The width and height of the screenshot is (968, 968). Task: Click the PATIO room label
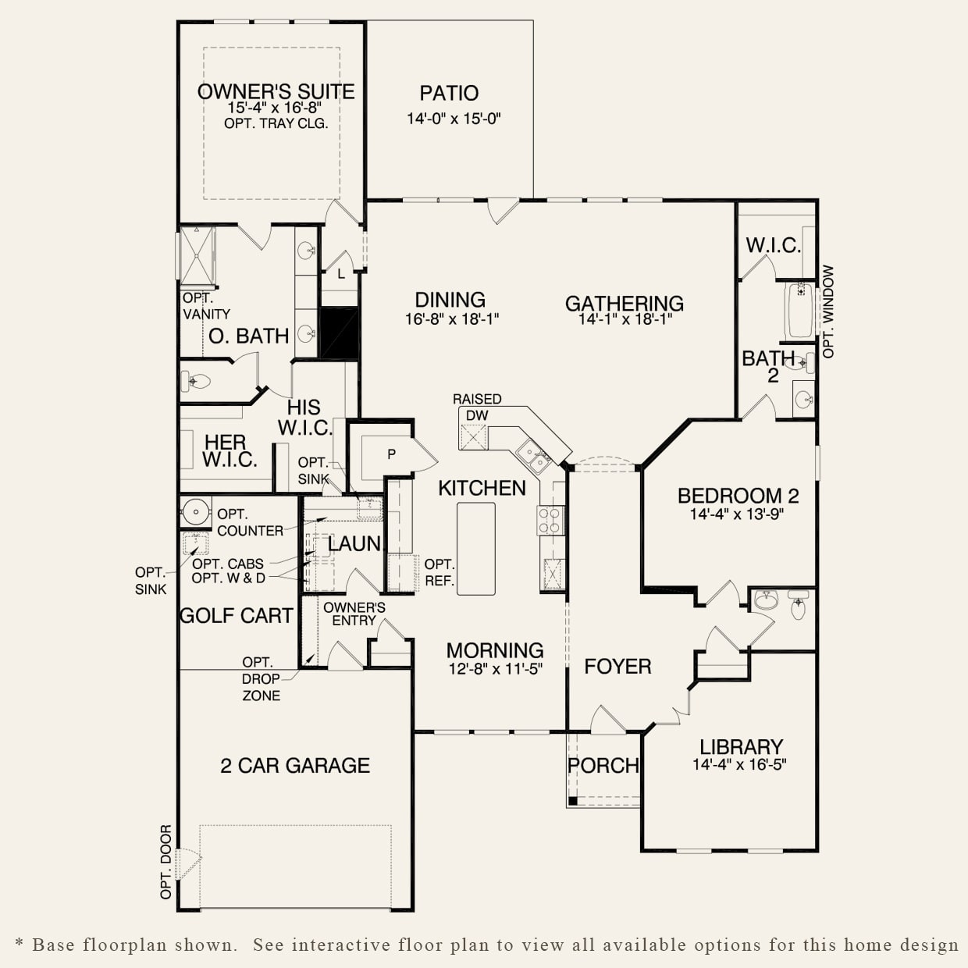coord(449,94)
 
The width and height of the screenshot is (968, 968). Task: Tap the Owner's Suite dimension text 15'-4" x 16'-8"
coord(274,108)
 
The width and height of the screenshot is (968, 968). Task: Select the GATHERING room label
coord(625,304)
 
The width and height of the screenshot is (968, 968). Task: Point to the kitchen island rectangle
coord(475,549)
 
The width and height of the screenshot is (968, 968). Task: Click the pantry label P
coord(391,454)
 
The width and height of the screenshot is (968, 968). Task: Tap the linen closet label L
coord(341,274)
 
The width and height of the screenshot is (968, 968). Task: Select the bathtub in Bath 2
coord(799,311)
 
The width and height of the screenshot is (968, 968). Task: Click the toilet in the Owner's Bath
coord(195,381)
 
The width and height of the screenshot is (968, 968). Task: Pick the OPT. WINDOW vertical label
coord(828,311)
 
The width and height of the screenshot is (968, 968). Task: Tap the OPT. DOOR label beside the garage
coord(165,862)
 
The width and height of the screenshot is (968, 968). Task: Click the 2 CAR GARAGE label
coord(295,766)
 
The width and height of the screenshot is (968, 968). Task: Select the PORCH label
coord(603,766)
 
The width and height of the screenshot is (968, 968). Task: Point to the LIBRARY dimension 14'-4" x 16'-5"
coord(739,764)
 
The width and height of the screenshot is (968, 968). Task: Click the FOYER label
coord(617,667)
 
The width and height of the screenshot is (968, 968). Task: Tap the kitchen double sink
coord(533,456)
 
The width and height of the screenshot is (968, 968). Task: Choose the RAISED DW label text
coord(477,407)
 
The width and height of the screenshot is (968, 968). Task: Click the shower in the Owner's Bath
coord(198,256)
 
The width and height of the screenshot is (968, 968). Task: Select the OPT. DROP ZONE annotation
coord(262,678)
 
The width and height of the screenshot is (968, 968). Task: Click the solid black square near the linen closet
coord(339,333)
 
